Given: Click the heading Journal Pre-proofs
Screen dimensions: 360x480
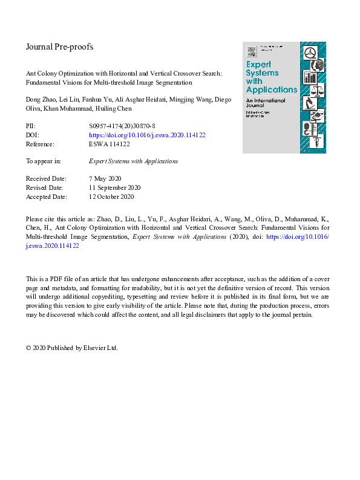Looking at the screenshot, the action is [x=59, y=47].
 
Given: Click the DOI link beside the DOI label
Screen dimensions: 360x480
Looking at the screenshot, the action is [x=147, y=135].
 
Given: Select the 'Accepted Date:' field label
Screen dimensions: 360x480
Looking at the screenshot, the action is [x=47, y=196].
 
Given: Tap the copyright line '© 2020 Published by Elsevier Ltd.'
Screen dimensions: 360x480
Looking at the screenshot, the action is [x=71, y=348].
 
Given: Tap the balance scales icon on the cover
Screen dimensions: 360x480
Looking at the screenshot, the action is [x=315, y=90].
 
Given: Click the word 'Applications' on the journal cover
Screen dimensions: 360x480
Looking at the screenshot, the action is [x=272, y=89].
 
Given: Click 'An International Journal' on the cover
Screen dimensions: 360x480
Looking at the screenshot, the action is [x=266, y=105].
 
